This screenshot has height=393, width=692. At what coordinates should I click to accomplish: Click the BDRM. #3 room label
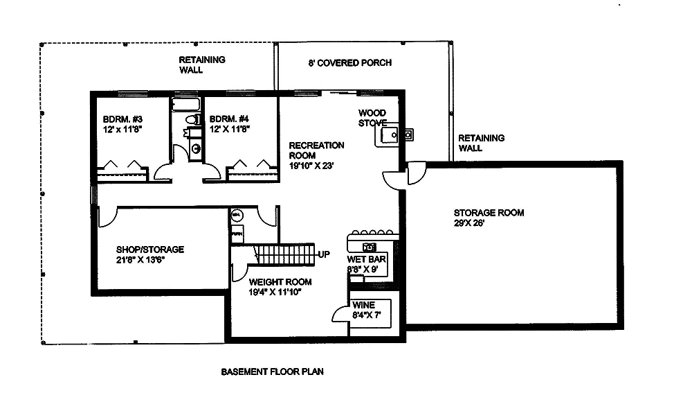[x=115, y=118]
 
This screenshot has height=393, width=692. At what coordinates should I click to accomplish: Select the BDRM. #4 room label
[x=228, y=118]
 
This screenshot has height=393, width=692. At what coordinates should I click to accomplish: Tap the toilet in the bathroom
[x=191, y=121]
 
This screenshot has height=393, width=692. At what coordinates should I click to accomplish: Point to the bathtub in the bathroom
[x=185, y=105]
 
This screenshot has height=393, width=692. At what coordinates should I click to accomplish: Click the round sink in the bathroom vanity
[x=195, y=148]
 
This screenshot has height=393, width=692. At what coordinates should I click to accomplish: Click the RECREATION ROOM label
[x=316, y=150]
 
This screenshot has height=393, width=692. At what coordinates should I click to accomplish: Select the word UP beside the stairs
[x=324, y=254]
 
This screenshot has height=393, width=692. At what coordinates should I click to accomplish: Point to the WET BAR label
[x=367, y=259]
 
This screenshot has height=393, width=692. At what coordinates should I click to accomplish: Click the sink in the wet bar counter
[x=368, y=246]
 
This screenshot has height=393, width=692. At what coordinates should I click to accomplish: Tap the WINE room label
[x=363, y=305]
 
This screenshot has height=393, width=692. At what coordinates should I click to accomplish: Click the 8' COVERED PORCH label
[x=349, y=63]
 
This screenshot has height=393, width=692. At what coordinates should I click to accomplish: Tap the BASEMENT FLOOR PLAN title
[x=272, y=372]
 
